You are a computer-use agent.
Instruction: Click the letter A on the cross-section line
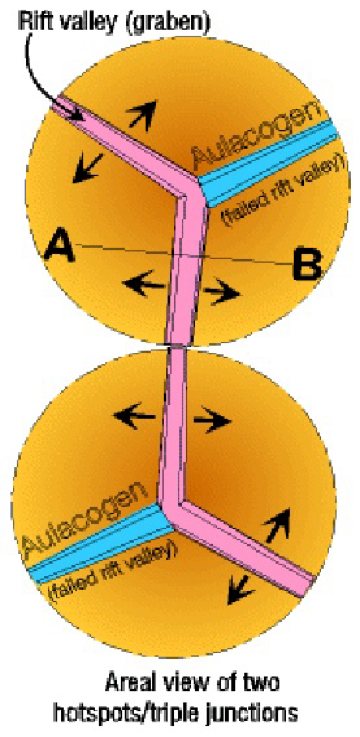click(59, 247)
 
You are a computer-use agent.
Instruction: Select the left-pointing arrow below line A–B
click(143, 283)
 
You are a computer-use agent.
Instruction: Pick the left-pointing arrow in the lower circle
click(134, 415)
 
